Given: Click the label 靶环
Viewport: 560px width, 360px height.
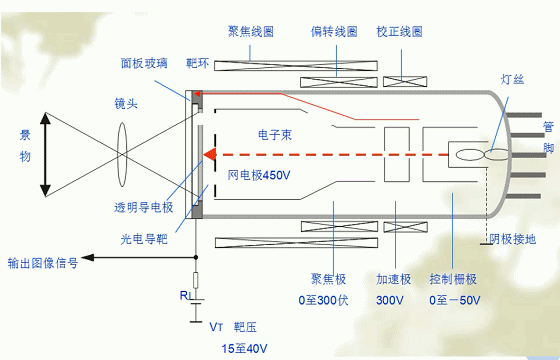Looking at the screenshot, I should click(x=199, y=63).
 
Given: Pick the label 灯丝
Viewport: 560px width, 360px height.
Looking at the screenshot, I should click(x=511, y=79).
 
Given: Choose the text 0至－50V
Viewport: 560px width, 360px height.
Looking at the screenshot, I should click(x=454, y=300).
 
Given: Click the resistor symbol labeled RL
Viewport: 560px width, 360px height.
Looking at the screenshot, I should click(x=195, y=280).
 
